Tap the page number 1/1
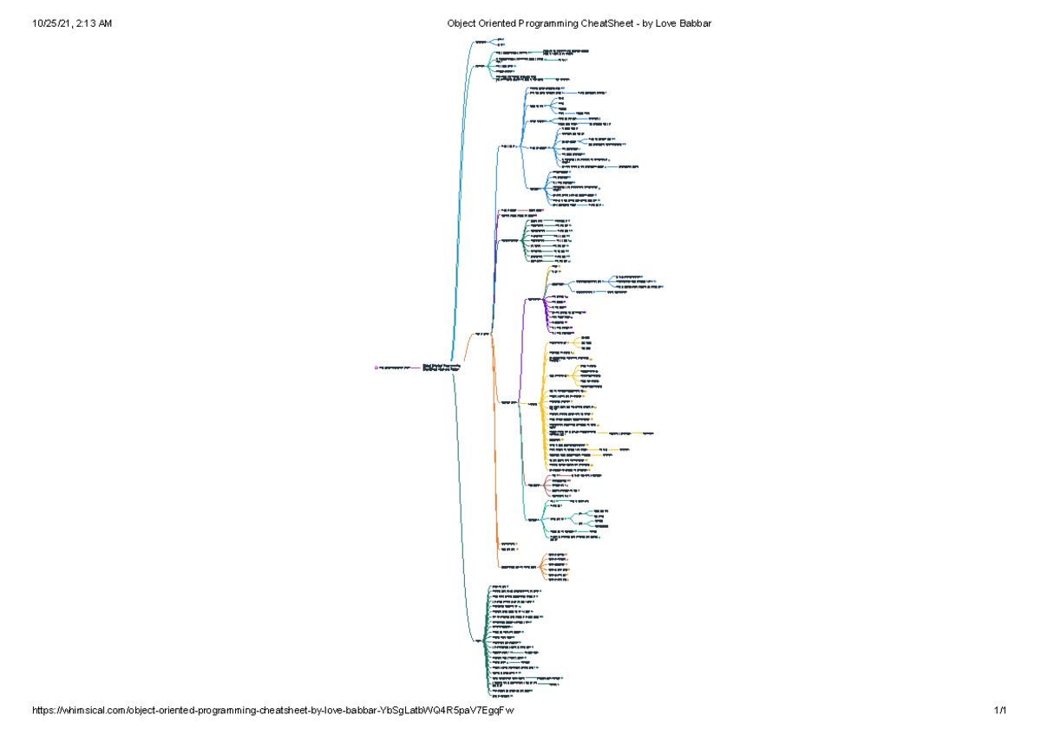coord(1000,711)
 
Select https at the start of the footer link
coord(44,711)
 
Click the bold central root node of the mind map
coord(441,368)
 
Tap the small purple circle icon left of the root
coord(376,368)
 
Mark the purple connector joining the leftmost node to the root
coord(415,368)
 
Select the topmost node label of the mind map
coord(481,42)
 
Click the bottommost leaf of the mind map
coord(496,696)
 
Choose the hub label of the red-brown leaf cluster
coord(534,485)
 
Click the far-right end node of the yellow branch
coord(647,432)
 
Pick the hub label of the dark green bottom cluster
coord(478,641)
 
